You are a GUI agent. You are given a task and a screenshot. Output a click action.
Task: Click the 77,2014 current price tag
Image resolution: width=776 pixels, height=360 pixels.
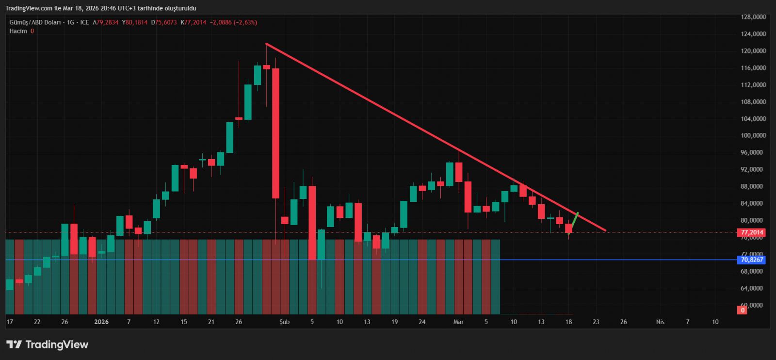click(752, 232)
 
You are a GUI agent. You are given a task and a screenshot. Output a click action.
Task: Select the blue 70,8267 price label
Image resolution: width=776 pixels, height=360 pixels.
click(752, 260)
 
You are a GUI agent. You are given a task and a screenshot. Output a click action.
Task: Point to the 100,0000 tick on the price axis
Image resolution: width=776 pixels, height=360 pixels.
click(753, 135)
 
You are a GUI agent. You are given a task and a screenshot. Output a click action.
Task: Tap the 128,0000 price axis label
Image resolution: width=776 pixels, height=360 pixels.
click(753, 17)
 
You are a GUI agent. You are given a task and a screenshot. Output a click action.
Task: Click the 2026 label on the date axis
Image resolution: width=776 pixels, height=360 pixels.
click(101, 322)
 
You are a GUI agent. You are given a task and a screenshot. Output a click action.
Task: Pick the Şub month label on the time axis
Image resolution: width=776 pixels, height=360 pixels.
click(285, 322)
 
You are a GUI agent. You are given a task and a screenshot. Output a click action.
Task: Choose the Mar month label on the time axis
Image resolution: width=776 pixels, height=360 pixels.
click(458, 322)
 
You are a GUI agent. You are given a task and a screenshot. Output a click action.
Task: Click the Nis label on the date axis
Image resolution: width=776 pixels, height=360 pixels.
click(660, 322)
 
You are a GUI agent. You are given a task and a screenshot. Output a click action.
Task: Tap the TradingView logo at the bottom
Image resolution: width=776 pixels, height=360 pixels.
click(48, 344)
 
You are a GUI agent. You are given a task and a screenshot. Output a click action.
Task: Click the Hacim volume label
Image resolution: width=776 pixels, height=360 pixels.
click(18, 31)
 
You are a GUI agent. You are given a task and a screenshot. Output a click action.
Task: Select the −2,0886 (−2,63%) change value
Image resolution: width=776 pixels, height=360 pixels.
click(233, 22)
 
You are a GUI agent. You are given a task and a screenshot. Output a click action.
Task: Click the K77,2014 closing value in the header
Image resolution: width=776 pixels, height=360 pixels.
click(193, 22)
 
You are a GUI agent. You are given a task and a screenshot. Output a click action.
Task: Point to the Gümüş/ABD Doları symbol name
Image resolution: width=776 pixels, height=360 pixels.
click(35, 22)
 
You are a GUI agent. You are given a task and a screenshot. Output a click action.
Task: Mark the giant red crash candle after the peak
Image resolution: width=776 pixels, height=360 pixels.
click(275, 133)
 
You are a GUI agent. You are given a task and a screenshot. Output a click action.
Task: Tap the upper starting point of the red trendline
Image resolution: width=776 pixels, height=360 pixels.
click(267, 44)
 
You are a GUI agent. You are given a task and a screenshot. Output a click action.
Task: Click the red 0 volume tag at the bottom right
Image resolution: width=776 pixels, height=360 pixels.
click(742, 310)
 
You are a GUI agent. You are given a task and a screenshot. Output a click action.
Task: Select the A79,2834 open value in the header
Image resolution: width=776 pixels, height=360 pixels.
click(106, 22)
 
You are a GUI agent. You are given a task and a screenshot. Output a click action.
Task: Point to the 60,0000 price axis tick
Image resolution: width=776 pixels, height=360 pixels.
click(753, 305)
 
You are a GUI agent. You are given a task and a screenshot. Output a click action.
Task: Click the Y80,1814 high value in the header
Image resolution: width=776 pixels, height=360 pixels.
click(135, 22)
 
